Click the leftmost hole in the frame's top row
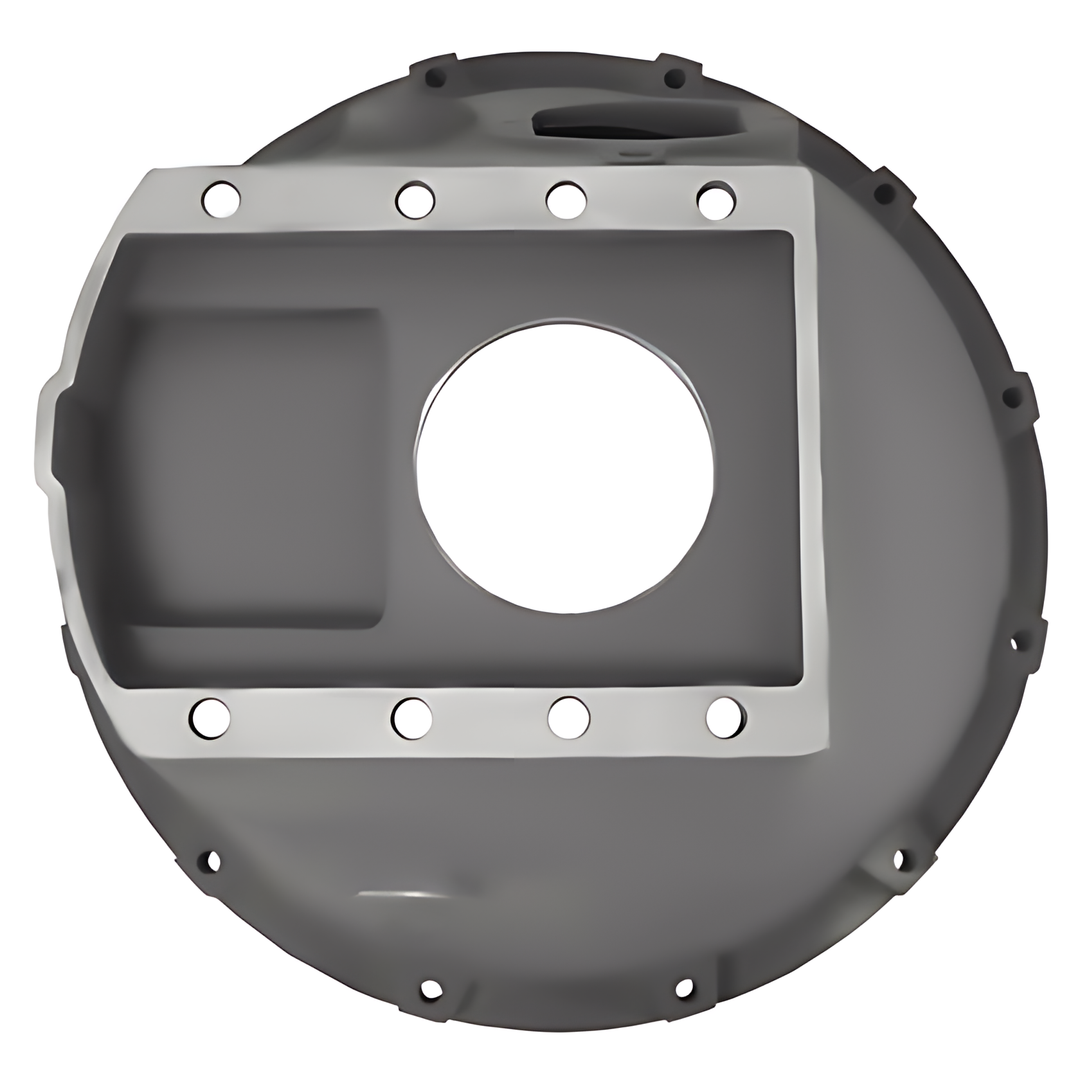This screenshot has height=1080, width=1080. (221, 198)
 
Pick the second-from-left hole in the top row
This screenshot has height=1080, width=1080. (415, 199)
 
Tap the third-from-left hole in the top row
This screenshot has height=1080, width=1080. (566, 199)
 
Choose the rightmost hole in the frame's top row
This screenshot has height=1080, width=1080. (716, 198)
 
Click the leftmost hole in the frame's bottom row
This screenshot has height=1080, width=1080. (211, 717)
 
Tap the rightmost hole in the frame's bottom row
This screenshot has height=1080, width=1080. (726, 716)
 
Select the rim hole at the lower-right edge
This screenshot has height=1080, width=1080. (898, 859)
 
